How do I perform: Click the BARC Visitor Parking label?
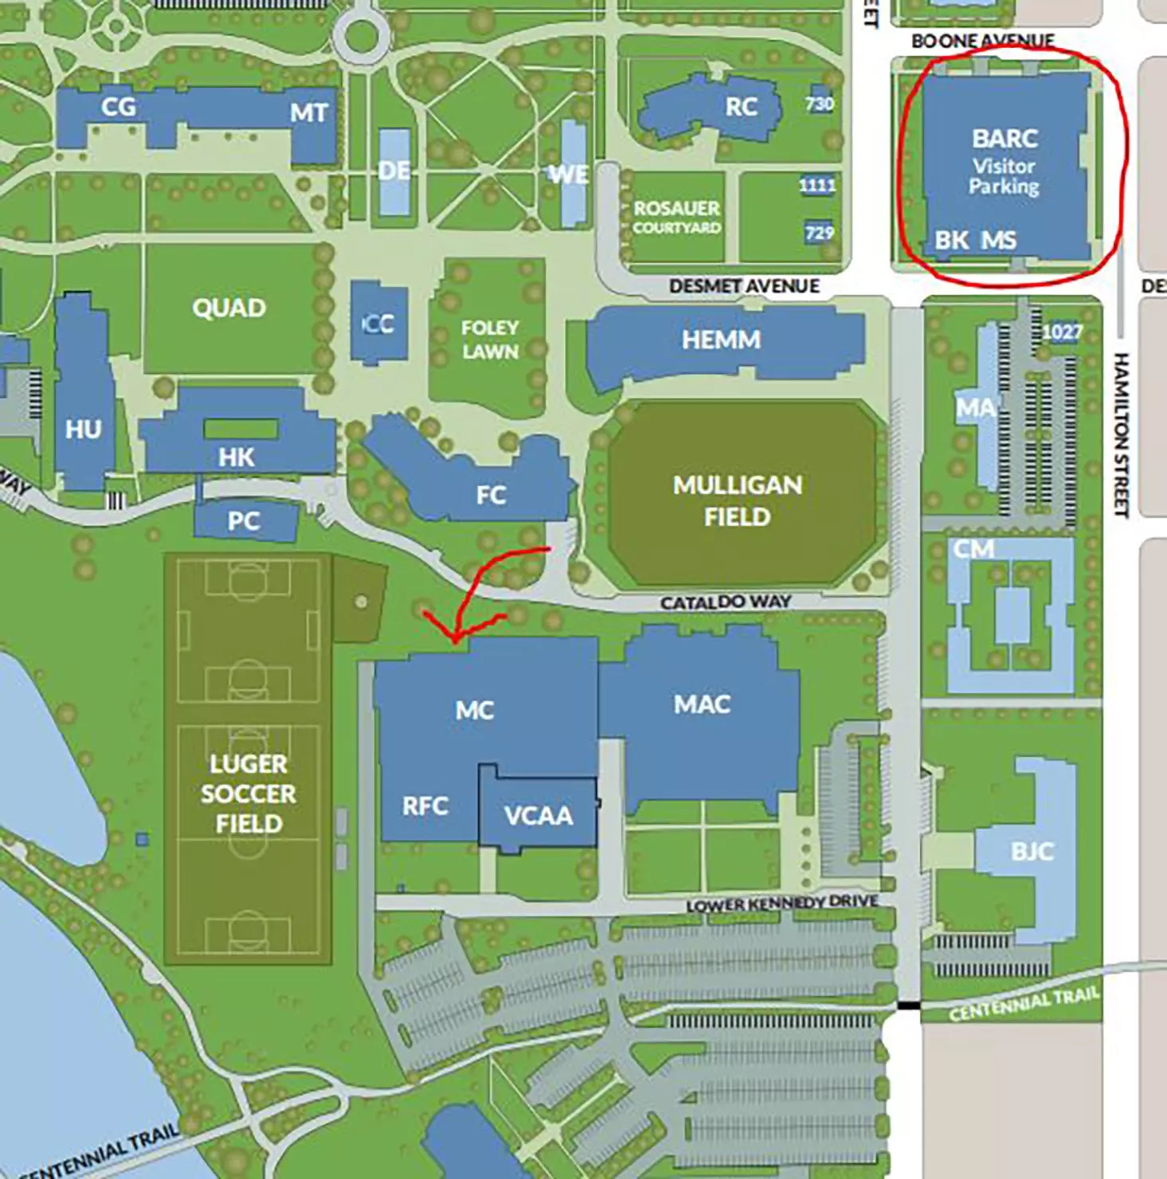coord(1004,163)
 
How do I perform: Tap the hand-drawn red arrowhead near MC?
coord(454,637)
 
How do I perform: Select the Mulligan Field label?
coord(737,500)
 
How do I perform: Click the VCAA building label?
coord(538,816)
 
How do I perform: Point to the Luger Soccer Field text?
coord(249,793)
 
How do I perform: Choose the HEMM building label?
coord(721,340)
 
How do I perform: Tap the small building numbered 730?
coord(820,104)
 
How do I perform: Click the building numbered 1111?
coord(817,186)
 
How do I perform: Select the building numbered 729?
coord(819,233)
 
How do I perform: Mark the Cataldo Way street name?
coord(725,602)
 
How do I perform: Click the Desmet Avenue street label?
coord(744,286)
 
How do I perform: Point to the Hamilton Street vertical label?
coord(1122,434)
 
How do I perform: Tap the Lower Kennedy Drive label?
coord(782,903)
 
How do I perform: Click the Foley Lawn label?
coord(490,339)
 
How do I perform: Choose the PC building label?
coord(243,521)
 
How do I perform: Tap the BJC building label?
coord(1032,852)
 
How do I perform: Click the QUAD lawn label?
coord(229,307)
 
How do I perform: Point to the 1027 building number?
coord(1062,332)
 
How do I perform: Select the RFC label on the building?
coord(425,806)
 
